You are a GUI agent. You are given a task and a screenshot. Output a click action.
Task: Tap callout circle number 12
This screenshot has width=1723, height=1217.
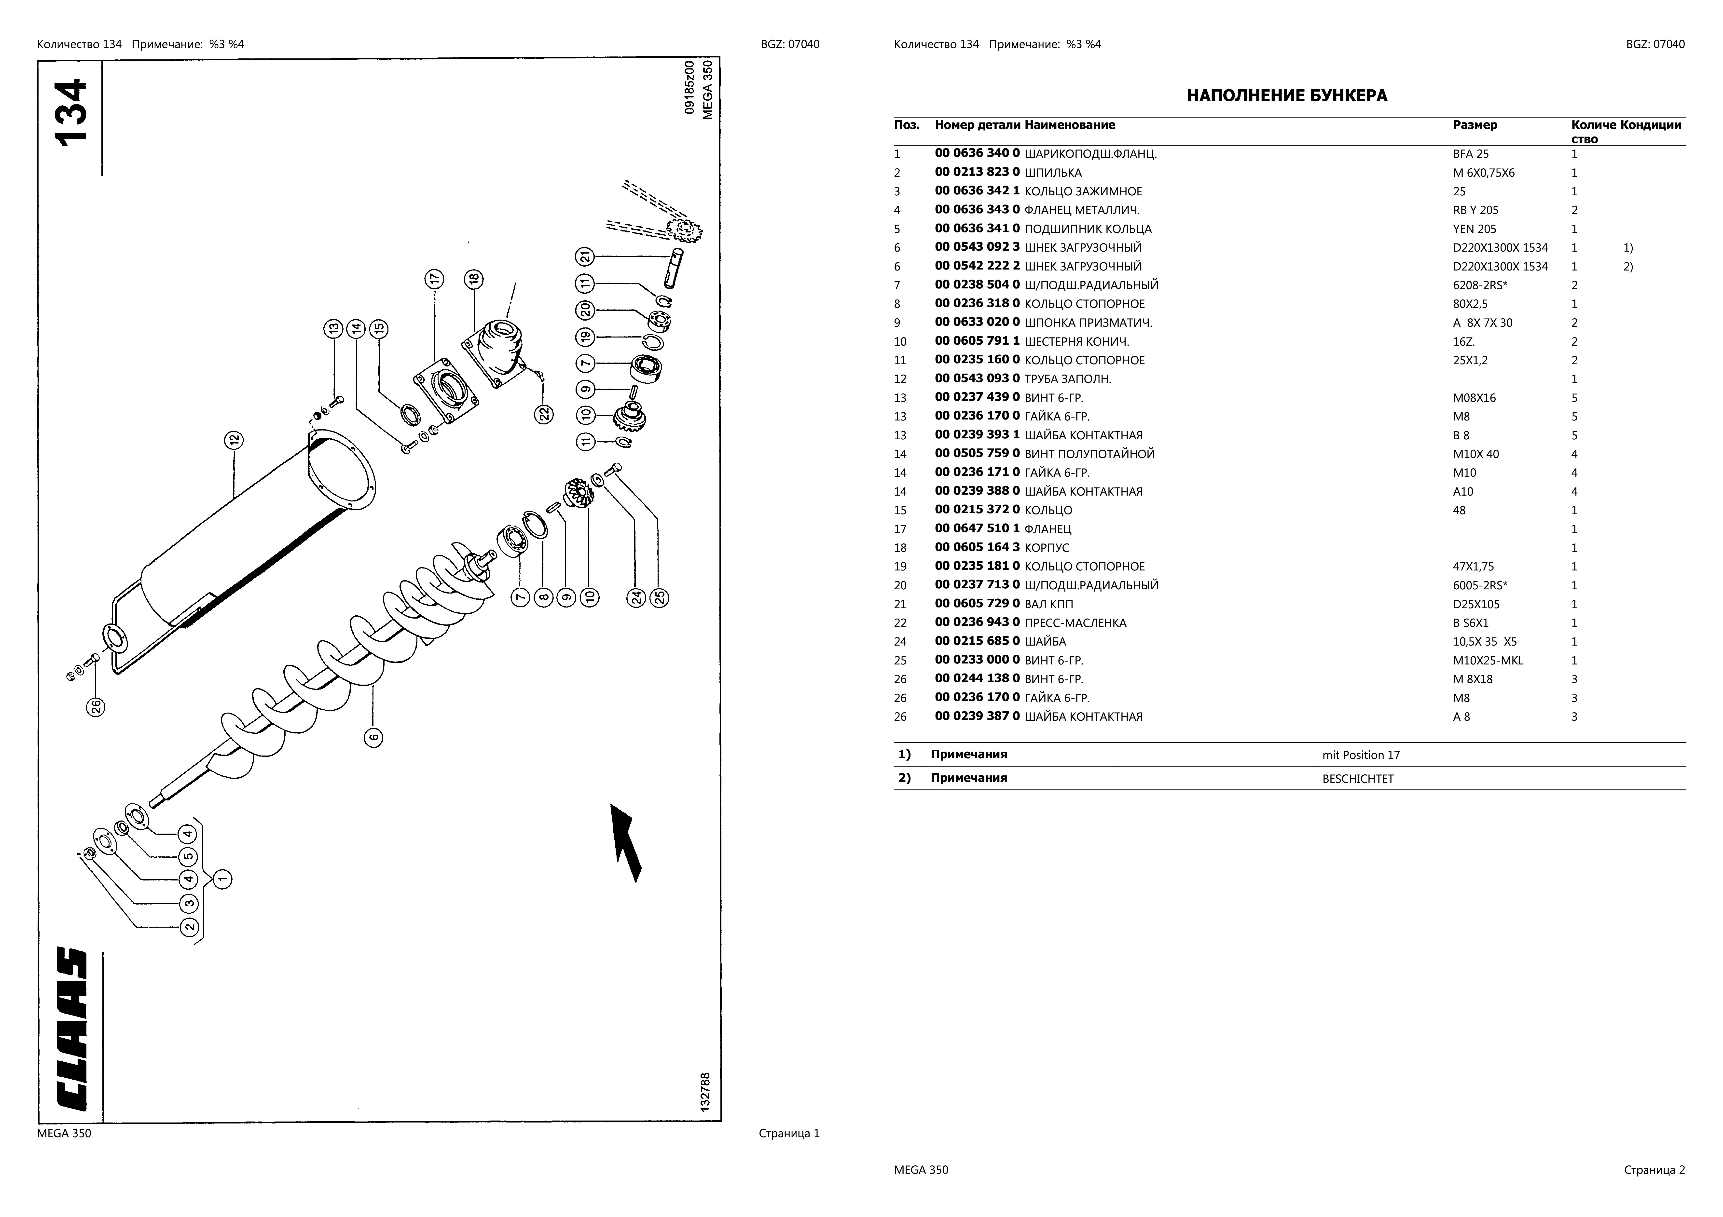[233, 440]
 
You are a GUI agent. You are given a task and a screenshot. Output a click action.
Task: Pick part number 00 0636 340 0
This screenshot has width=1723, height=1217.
[977, 154]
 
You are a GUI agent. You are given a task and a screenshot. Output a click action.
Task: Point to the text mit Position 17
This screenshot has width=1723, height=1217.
[1361, 755]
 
